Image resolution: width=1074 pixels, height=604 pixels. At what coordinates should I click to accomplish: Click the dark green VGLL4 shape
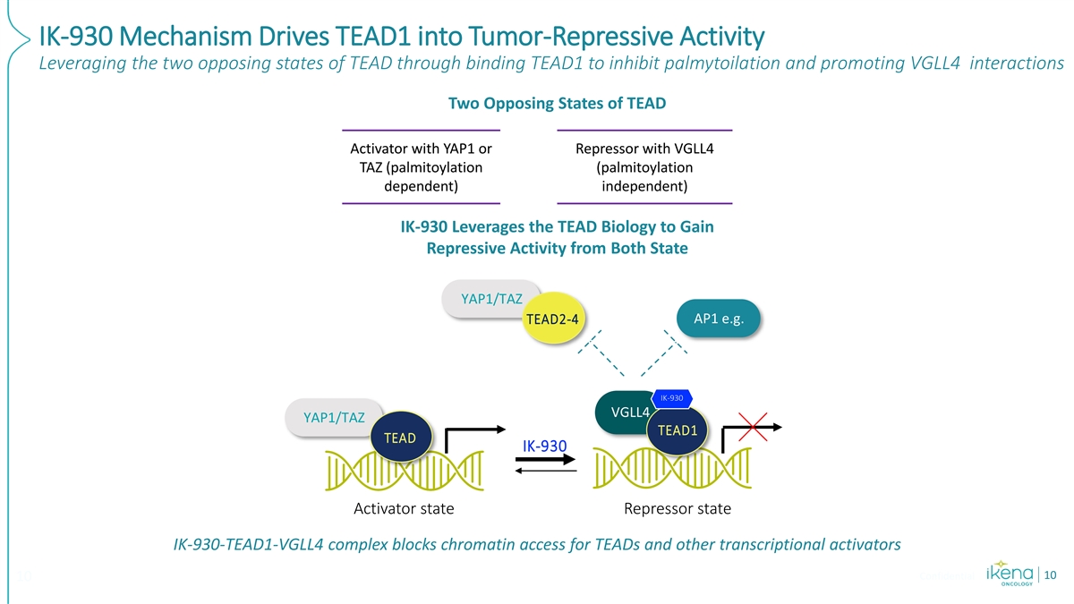(x=626, y=413)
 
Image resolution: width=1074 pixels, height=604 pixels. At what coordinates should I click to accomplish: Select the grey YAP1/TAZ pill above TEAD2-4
(x=489, y=298)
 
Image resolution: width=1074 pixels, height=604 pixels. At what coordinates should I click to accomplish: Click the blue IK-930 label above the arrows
(x=544, y=446)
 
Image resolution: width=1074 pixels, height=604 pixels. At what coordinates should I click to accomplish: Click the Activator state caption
(x=404, y=509)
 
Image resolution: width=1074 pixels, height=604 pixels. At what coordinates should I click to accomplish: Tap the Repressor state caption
(x=677, y=509)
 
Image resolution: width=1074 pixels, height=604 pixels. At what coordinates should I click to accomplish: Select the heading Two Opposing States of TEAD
(x=557, y=103)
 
